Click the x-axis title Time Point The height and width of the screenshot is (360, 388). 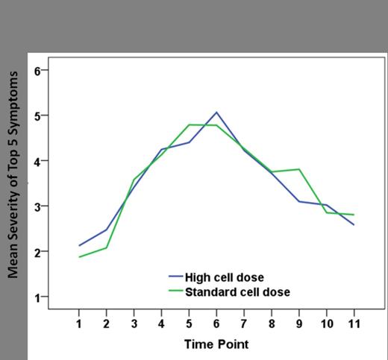(x=216, y=344)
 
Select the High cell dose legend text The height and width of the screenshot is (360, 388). (x=224, y=278)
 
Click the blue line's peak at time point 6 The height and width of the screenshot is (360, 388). (x=216, y=113)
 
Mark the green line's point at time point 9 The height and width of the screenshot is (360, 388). (x=298, y=169)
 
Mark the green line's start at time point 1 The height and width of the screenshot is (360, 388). (x=78, y=257)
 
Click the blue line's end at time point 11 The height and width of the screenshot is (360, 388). (x=353, y=224)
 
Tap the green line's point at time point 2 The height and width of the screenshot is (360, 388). (x=106, y=247)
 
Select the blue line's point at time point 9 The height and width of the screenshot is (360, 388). (x=298, y=201)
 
